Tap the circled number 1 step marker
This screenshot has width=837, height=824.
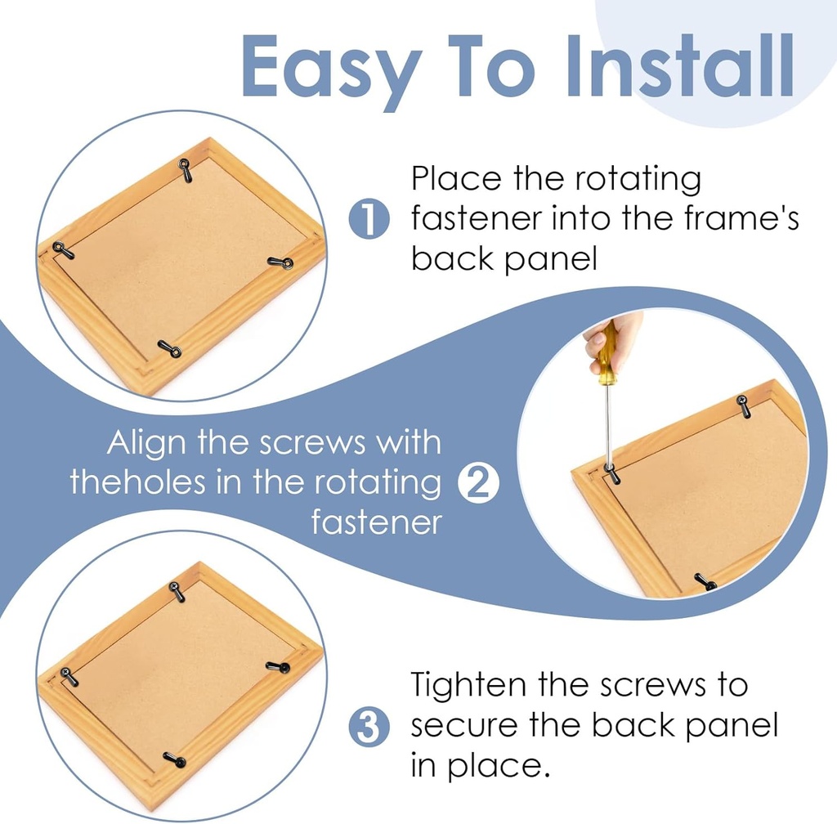[x=368, y=220]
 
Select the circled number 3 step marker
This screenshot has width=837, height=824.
[x=368, y=727]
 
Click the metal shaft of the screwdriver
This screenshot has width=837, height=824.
[x=607, y=425]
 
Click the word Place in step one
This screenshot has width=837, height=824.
[x=457, y=179]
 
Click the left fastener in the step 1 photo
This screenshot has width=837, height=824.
[x=62, y=250]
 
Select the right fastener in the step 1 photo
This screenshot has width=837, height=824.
[x=281, y=263]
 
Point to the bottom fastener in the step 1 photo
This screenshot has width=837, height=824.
[x=170, y=349]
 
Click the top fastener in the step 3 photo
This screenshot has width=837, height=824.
[x=177, y=591]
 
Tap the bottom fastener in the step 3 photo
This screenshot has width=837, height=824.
[x=174, y=759]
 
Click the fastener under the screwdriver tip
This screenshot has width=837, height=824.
[x=611, y=473]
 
